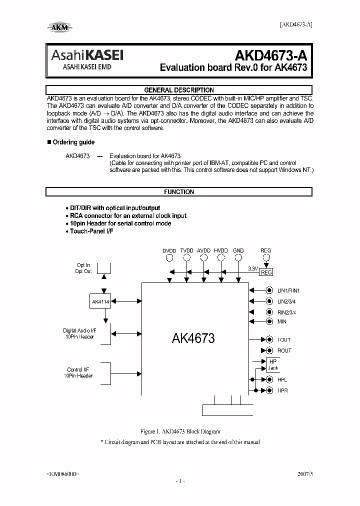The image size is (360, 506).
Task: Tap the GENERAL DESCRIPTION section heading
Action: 178,90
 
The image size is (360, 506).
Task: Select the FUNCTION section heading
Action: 178,191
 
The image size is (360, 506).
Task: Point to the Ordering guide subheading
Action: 73,142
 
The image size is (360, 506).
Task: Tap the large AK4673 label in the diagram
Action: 193,338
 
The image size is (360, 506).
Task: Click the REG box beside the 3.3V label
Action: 266,272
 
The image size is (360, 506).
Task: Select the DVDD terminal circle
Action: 169,257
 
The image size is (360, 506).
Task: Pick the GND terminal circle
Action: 238,257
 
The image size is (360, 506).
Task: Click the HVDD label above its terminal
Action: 220,250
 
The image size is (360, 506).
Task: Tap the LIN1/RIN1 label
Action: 288,290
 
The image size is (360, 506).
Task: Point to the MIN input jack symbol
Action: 269,322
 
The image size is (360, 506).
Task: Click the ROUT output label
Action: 284,350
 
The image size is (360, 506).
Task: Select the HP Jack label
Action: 272,364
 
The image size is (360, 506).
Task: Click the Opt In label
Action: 83,265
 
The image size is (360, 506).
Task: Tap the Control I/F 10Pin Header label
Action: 78,373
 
